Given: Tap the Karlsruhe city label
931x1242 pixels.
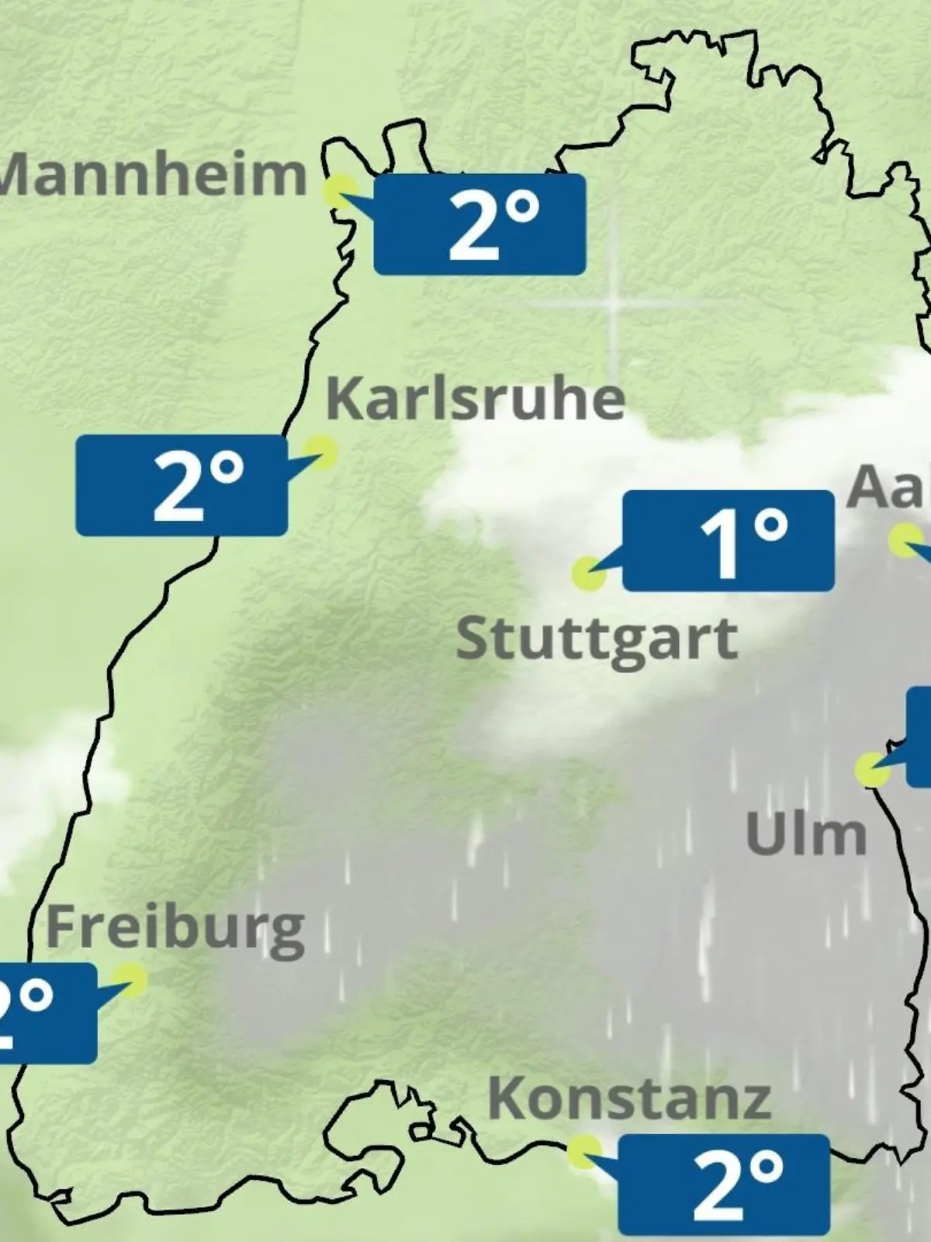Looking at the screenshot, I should (475, 399).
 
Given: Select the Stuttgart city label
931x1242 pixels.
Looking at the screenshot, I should (597, 640).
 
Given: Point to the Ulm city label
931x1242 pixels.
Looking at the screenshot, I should (805, 835).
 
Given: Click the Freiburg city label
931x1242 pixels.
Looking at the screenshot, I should (175, 928).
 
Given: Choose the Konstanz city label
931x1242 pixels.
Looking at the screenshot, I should (629, 1099).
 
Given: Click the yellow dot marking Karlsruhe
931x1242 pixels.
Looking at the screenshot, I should (320, 452).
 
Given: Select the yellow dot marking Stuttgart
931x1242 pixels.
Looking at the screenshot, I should (588, 574).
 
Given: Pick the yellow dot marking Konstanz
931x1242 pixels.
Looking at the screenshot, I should (583, 1152).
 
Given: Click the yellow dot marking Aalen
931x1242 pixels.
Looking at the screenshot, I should (905, 540).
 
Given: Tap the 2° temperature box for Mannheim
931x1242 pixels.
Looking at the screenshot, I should (479, 224).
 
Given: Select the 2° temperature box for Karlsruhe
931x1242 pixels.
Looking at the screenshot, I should (182, 485).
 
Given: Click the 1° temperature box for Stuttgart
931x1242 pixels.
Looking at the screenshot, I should (728, 541).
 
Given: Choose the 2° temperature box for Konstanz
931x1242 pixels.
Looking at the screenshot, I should (723, 1184).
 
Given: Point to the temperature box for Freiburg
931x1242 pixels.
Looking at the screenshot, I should (47, 1013).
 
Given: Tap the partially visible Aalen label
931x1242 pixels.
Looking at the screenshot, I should (889, 487).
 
